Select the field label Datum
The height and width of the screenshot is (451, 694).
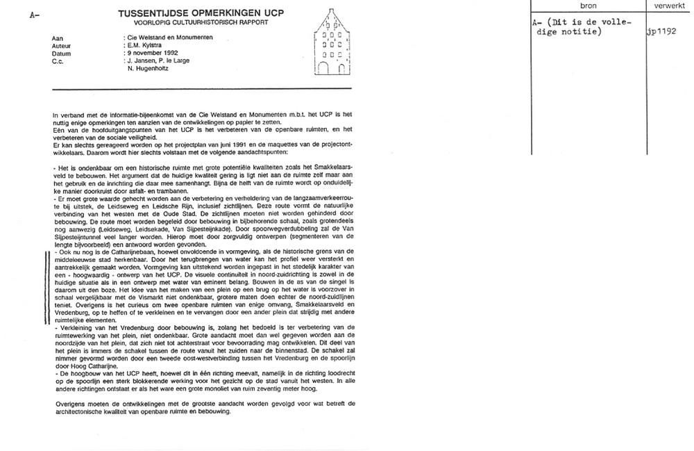[x=60, y=52]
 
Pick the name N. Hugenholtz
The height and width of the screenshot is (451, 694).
[x=150, y=68]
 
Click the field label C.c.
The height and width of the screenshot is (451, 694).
[x=58, y=60]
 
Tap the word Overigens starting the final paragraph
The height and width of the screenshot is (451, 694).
[x=69, y=403]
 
